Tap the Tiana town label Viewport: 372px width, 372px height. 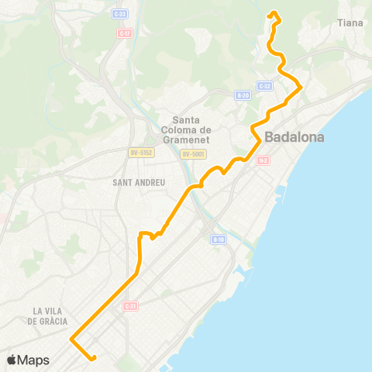(x=350, y=23)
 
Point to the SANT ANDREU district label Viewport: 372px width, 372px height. (x=139, y=182)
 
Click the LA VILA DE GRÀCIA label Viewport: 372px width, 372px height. (x=50, y=315)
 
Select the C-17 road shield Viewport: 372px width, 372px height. (x=125, y=33)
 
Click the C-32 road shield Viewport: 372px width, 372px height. (x=264, y=85)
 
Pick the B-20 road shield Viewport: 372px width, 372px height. (x=243, y=95)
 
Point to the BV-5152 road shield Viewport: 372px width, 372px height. (x=142, y=153)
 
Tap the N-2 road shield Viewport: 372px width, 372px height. (x=263, y=160)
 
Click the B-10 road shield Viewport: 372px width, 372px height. (x=218, y=239)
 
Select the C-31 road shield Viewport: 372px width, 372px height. (x=130, y=305)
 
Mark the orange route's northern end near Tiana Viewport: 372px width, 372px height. (x=270, y=13)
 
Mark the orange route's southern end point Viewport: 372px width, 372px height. (x=93, y=358)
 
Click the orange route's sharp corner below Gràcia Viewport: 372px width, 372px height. (x=71, y=339)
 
